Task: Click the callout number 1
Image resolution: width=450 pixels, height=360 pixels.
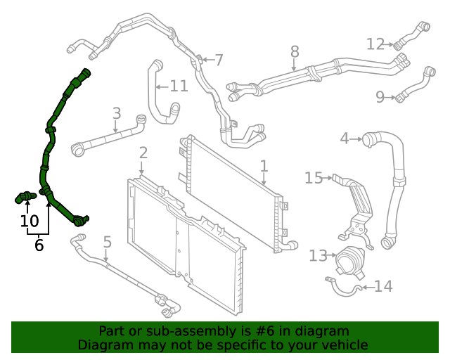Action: (x=264, y=167)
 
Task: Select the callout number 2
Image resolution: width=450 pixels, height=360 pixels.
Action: (x=143, y=153)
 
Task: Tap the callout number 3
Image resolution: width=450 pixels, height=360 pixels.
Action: (x=117, y=113)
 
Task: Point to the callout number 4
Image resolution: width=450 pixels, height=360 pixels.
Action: (x=345, y=139)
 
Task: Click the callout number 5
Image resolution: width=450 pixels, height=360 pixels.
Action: (x=107, y=243)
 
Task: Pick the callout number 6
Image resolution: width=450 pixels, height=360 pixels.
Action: (x=39, y=245)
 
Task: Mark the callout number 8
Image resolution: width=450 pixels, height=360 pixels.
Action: (x=295, y=51)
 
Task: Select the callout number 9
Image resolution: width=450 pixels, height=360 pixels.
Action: (x=380, y=97)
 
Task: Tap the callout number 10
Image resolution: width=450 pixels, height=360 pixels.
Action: (x=29, y=221)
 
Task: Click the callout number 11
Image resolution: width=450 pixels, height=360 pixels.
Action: (x=179, y=86)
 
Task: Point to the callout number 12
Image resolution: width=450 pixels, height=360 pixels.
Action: (x=375, y=44)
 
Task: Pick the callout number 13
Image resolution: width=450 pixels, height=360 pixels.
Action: (x=318, y=255)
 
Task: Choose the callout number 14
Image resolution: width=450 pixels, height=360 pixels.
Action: (x=383, y=286)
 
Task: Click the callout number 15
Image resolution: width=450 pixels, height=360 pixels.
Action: (x=314, y=178)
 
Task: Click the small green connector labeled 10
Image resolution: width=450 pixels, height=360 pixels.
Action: (x=26, y=196)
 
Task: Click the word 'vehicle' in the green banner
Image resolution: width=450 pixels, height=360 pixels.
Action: (x=342, y=345)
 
